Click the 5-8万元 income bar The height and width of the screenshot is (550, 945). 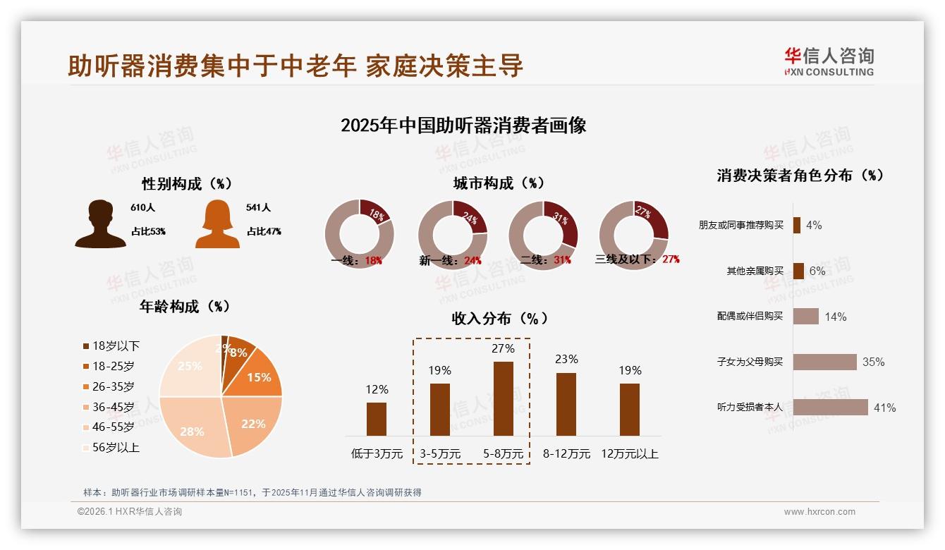pyautogui.click(x=503, y=398)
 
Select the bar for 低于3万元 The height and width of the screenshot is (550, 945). pyautogui.click(x=377, y=419)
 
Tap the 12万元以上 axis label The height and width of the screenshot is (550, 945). pyautogui.click(x=630, y=454)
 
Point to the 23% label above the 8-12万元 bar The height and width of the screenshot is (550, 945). pyautogui.click(x=566, y=360)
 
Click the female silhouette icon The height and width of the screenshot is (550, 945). pyautogui.click(x=217, y=225)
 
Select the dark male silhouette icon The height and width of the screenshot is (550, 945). pyautogui.click(x=100, y=224)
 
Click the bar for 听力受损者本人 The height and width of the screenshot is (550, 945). pyautogui.click(x=830, y=408)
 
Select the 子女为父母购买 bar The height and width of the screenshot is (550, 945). pyautogui.click(x=824, y=362)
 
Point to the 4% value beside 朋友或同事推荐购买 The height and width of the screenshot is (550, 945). pyautogui.click(x=814, y=225)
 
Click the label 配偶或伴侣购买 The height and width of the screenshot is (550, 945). pyautogui.click(x=750, y=316)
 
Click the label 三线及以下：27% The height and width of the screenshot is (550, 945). pyautogui.click(x=637, y=259)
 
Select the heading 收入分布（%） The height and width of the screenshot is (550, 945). pyautogui.click(x=499, y=318)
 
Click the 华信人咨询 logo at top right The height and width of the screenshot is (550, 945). pyautogui.click(x=829, y=61)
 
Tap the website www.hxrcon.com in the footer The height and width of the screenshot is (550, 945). pyautogui.click(x=819, y=512)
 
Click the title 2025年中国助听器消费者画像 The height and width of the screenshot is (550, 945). pyautogui.click(x=463, y=126)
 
